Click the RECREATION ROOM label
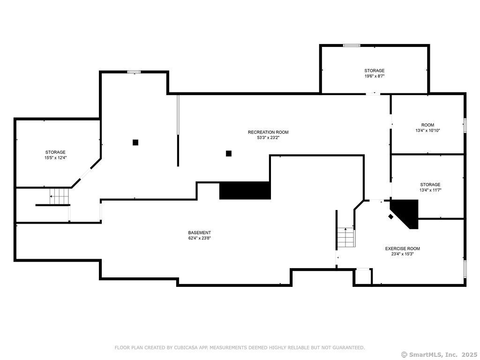point(268,132)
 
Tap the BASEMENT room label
point(199,232)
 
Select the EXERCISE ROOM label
point(403,248)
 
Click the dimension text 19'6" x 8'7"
point(374,76)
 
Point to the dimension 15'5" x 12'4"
point(55,157)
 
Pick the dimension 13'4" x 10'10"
point(427,130)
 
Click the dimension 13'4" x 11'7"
point(430,190)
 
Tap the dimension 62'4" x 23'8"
point(199,238)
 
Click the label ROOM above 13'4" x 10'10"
point(427,125)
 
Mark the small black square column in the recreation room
point(228,153)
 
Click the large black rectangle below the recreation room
point(245,190)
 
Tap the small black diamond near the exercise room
point(390,217)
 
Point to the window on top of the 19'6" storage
point(352,45)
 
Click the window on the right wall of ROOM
point(465,126)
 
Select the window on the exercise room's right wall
point(465,269)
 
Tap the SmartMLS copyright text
point(439,354)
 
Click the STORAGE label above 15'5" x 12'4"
point(55,152)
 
